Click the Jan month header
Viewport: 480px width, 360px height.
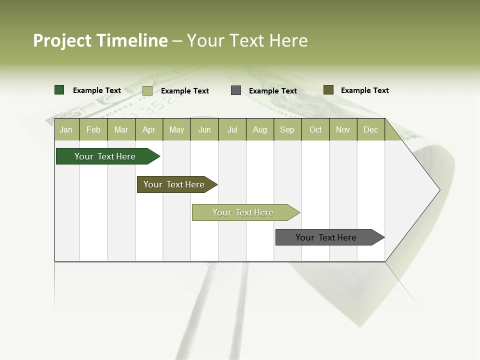click(66, 129)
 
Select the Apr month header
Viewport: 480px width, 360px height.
click(149, 129)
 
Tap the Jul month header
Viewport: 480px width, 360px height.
click(232, 129)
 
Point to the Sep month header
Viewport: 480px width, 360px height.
click(287, 129)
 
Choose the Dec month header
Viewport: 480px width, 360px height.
click(371, 129)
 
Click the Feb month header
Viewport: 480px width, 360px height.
click(93, 129)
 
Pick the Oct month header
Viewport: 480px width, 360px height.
click(315, 129)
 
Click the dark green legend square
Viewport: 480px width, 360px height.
click(59, 90)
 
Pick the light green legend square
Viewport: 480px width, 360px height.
click(147, 90)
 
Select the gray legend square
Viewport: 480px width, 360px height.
click(236, 90)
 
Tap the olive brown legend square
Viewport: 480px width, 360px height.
click(328, 90)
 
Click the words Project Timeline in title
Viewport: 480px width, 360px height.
click(100, 40)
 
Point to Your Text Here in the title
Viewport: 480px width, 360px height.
click(247, 40)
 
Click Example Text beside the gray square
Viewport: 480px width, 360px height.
click(273, 91)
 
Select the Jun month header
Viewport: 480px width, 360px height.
click(204, 129)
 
